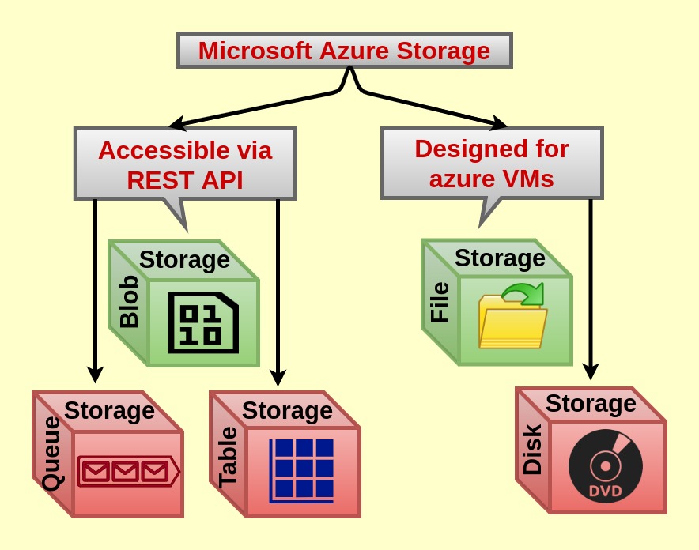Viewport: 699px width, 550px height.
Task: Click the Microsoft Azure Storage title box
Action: coord(345,51)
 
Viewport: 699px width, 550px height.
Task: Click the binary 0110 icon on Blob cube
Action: coord(203,322)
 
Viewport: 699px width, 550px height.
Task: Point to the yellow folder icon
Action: coord(512,322)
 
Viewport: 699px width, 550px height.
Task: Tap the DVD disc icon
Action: coord(606,465)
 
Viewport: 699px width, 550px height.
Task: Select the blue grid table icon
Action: coord(301,471)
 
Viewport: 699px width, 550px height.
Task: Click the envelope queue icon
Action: coord(128,471)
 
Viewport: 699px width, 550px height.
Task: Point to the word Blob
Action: coord(130,302)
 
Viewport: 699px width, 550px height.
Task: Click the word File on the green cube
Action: coord(440,302)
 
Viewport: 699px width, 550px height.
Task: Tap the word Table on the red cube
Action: coord(228,457)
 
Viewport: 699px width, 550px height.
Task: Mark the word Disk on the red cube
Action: coord(532,449)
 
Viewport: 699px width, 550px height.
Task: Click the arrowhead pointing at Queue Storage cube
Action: coord(95,375)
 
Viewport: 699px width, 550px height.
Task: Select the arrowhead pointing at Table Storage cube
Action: coord(278,378)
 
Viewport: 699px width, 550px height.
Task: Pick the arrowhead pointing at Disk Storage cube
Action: coord(591,371)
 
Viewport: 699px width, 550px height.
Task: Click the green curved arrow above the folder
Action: coord(523,293)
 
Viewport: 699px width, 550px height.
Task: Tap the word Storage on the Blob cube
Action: coord(184,260)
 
